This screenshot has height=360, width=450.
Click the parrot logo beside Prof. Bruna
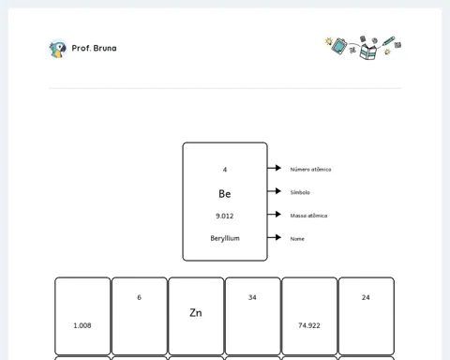(x=58, y=49)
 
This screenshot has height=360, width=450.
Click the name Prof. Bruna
(x=94, y=48)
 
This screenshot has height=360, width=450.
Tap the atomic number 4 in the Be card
(x=225, y=170)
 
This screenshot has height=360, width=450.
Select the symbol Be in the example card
(x=225, y=194)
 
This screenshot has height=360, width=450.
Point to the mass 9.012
(x=225, y=216)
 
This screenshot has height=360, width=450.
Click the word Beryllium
(x=225, y=238)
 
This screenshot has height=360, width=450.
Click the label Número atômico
(x=310, y=170)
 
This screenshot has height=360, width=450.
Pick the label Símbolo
(x=300, y=192)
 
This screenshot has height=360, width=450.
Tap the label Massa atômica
(x=308, y=216)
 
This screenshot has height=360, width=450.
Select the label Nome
(x=297, y=239)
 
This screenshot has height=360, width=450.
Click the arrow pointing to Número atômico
(x=274, y=168)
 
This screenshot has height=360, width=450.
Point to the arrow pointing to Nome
(x=274, y=237)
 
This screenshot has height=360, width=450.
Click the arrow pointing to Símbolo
(x=274, y=191)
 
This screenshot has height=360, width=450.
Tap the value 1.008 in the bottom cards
(x=82, y=325)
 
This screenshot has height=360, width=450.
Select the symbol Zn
(x=196, y=313)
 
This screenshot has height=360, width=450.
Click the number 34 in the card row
(x=252, y=297)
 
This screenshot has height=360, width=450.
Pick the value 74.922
(x=309, y=325)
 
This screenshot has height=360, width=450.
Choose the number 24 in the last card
(x=366, y=297)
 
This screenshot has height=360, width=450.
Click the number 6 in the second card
(x=139, y=297)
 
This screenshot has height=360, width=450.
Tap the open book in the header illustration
(x=368, y=52)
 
